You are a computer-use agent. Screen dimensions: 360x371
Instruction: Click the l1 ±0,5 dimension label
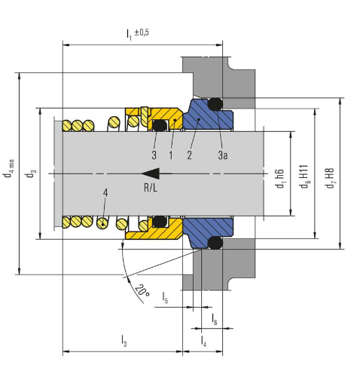coord(138,34)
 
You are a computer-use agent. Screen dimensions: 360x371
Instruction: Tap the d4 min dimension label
coord(9,168)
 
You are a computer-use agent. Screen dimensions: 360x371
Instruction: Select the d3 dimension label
coord(31,173)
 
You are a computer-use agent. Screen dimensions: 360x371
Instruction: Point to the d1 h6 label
coord(279,179)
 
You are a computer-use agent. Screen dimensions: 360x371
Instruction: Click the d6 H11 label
coord(304,176)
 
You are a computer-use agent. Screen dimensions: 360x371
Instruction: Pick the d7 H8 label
coord(329,178)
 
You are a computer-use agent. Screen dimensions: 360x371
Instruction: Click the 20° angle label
coord(142,290)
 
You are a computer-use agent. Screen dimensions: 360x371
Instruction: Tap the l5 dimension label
coord(165,297)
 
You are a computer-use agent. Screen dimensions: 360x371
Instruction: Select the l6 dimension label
coord(214,319)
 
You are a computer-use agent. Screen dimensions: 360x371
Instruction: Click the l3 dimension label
coord(124,341)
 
